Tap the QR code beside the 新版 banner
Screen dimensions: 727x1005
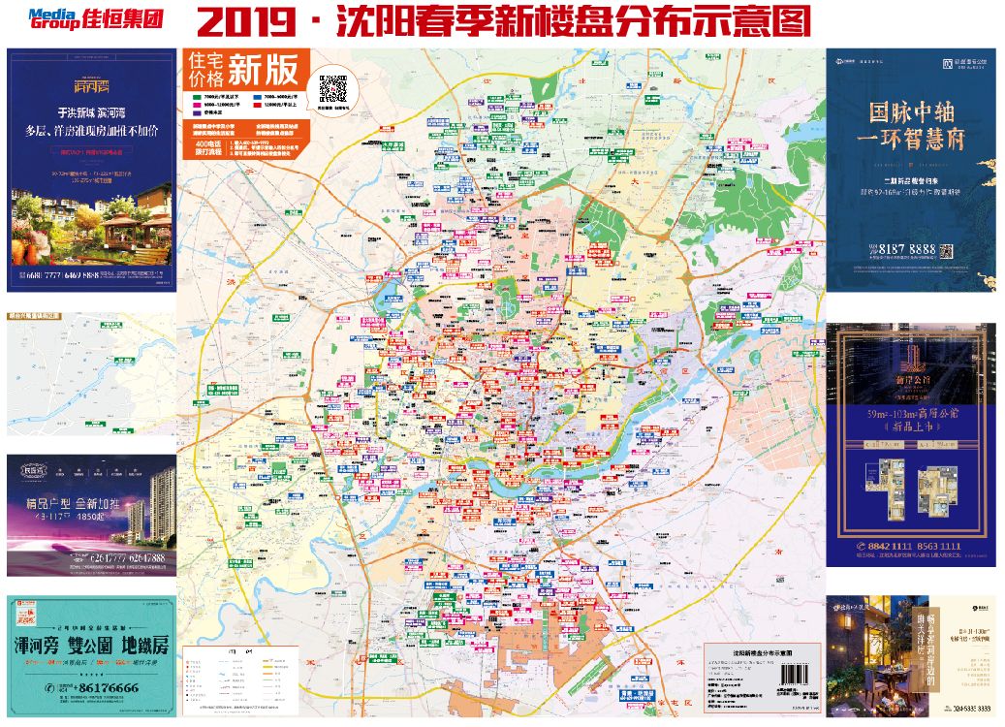click(333, 88)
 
